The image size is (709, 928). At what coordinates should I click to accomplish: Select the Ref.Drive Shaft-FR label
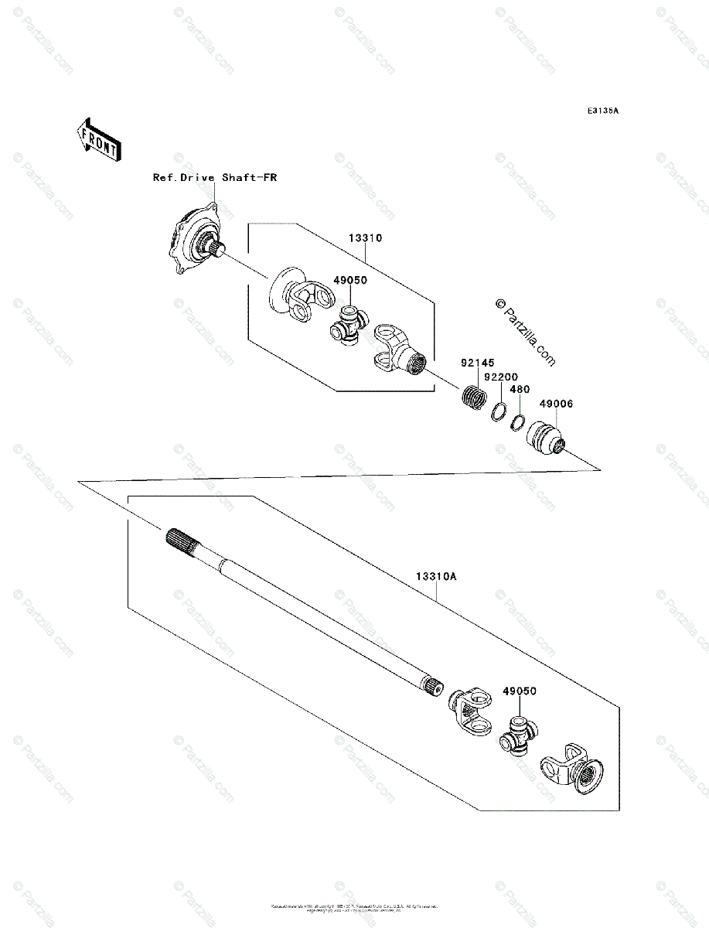tap(214, 178)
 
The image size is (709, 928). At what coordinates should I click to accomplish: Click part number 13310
tap(365, 238)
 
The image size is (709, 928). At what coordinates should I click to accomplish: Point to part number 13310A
tap(437, 577)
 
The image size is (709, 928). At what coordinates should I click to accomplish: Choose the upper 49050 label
tap(350, 281)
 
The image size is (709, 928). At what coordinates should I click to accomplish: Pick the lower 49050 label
tap(520, 691)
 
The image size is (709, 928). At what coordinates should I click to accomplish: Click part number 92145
tap(478, 362)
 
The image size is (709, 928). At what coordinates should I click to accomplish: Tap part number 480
tap(520, 390)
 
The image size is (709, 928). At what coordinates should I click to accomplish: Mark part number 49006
tap(556, 404)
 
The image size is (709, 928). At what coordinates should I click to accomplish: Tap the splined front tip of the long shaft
tap(180, 540)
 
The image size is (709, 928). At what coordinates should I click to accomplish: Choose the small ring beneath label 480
tap(517, 422)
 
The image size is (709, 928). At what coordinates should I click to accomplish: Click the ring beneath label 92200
tap(499, 411)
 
